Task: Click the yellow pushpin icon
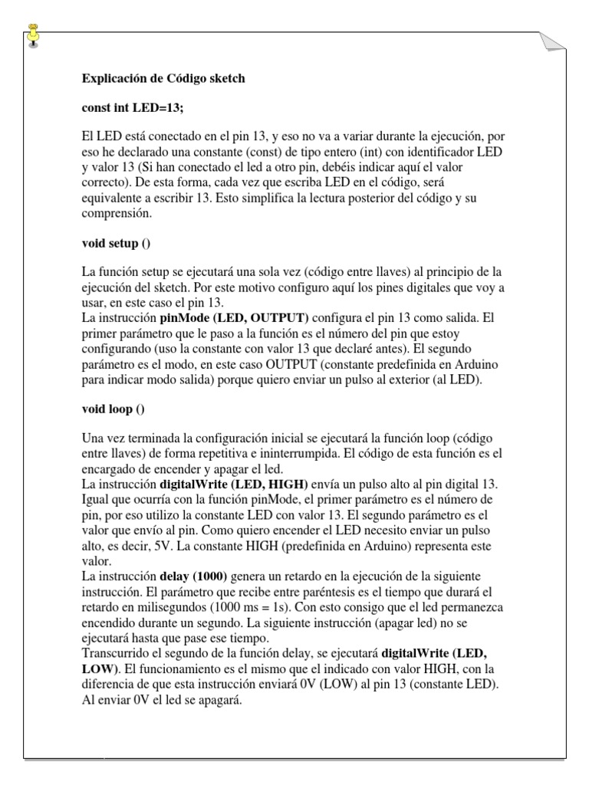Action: coord(33,34)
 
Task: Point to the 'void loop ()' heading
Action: coord(113,409)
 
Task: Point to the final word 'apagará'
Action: coord(220,698)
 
